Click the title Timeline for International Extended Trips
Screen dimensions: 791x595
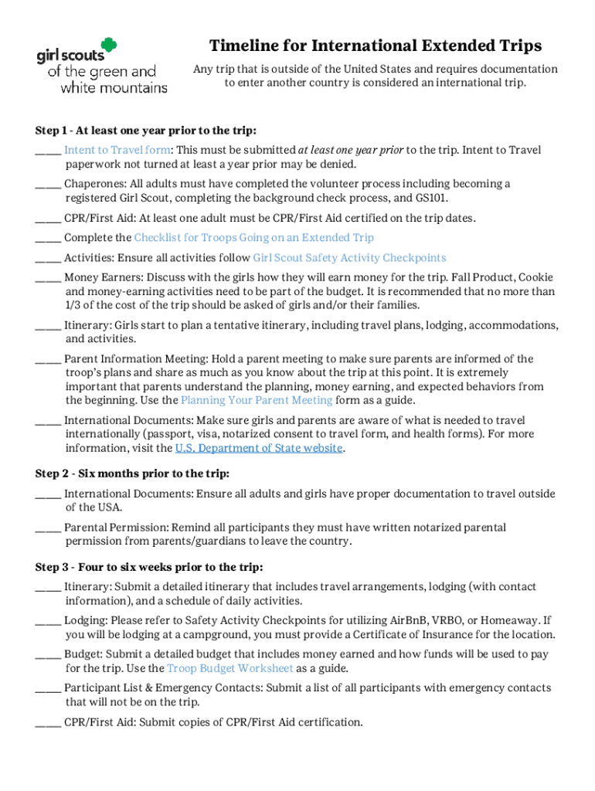[375, 46]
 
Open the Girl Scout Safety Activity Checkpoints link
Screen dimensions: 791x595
[349, 258]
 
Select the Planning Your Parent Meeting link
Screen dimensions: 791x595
[257, 400]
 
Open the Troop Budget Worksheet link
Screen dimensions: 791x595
[229, 668]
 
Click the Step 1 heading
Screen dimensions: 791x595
[146, 130]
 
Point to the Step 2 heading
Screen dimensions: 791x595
[132, 474]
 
